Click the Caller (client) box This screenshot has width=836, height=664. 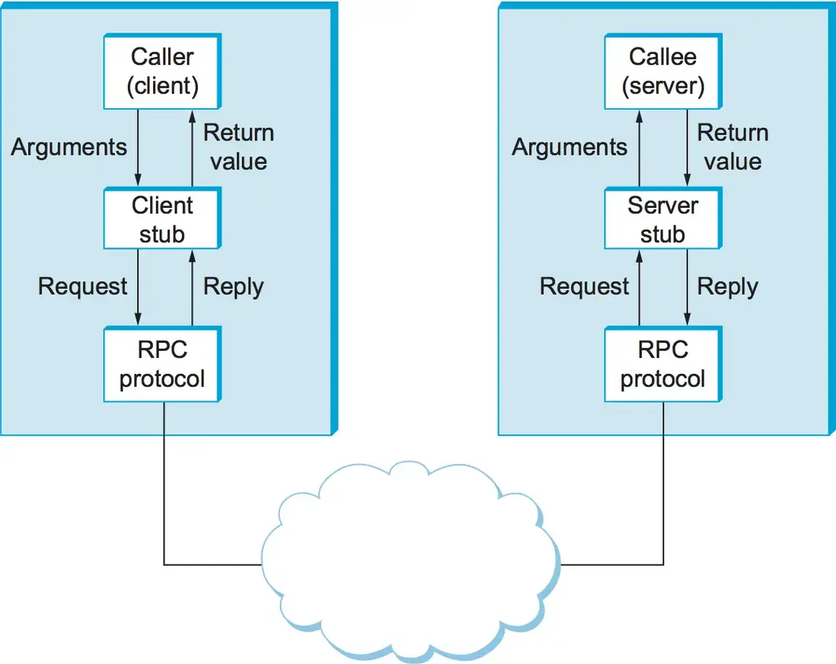pyautogui.click(x=162, y=70)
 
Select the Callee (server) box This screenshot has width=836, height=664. pyautogui.click(x=662, y=70)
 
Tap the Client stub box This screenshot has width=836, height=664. pyautogui.click(x=162, y=219)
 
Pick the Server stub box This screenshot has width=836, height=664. pyautogui.click(x=662, y=219)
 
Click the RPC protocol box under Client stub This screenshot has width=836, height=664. pyautogui.click(x=162, y=364)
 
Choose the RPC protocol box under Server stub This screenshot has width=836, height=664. pyautogui.click(x=662, y=364)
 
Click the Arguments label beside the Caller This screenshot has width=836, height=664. pyautogui.click(x=69, y=147)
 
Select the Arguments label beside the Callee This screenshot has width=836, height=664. pyautogui.click(x=570, y=147)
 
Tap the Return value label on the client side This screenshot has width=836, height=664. pyautogui.click(x=238, y=147)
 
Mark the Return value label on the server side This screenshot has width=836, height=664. pyautogui.click(x=732, y=147)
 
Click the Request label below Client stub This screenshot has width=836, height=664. pyautogui.click(x=83, y=286)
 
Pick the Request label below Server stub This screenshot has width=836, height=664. pyautogui.click(x=584, y=286)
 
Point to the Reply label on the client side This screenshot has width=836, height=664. pyautogui.click(x=233, y=286)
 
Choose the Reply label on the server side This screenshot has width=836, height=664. pyautogui.click(x=728, y=286)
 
